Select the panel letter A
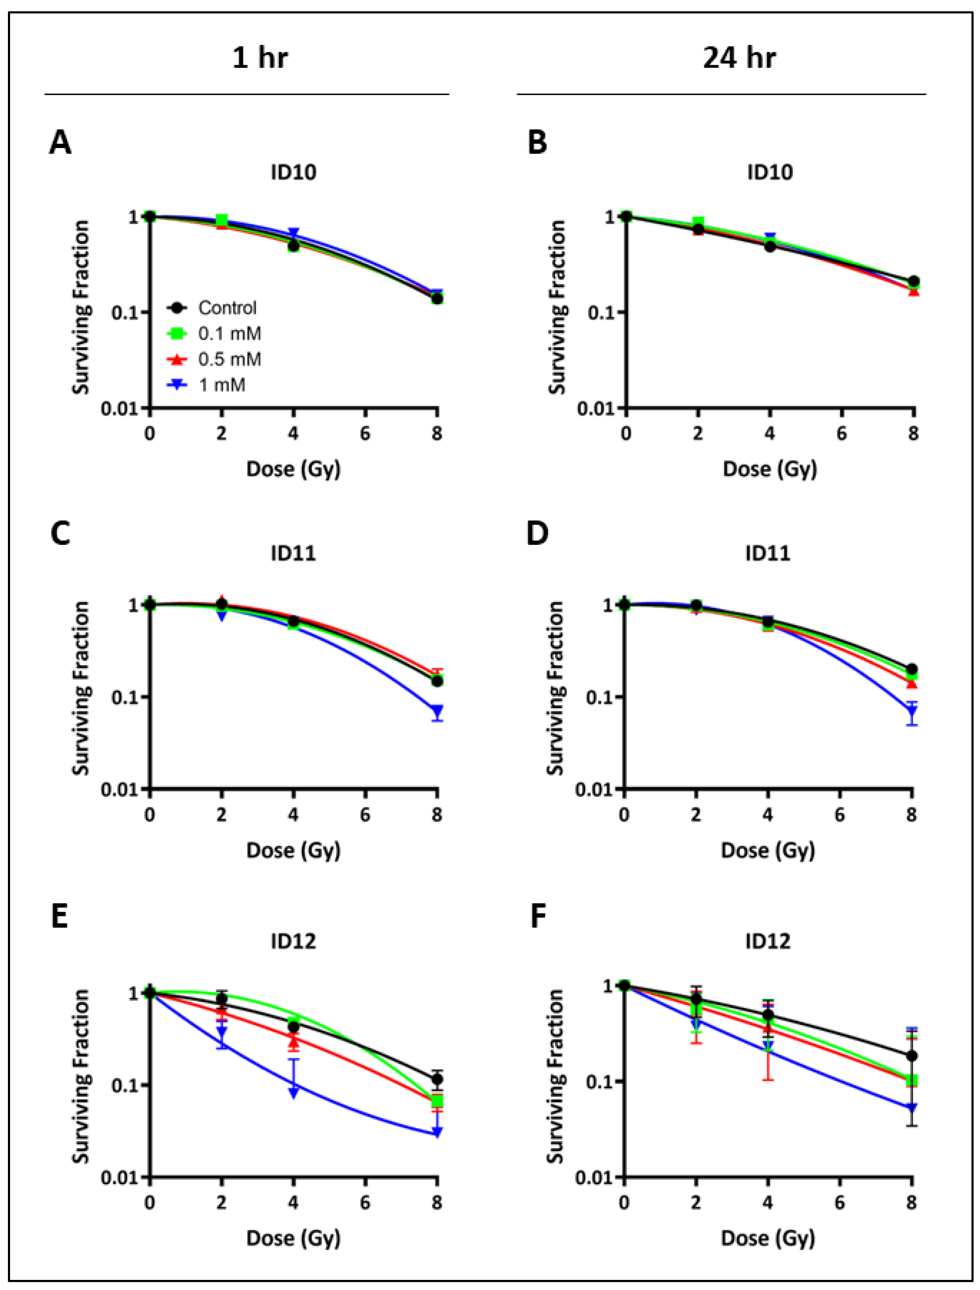[60, 143]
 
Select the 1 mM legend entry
[222, 385]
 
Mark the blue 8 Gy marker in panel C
[437, 711]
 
